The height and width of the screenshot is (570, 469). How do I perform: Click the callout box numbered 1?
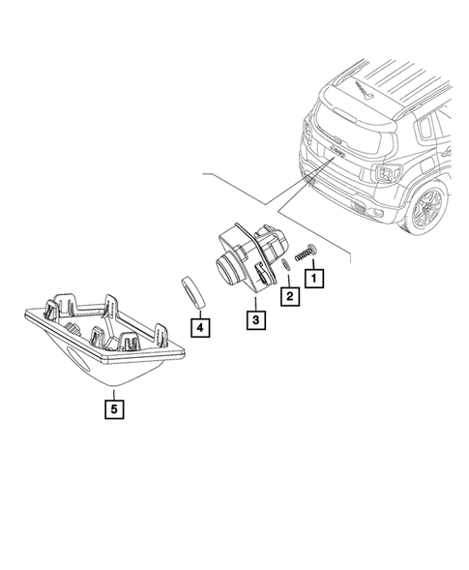coord(313,278)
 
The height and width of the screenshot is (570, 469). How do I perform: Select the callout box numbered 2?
coord(287,296)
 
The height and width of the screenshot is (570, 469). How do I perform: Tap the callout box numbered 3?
coord(253,318)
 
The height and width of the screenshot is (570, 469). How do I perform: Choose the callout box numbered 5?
coord(114,407)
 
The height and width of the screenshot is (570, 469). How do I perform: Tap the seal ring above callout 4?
coord(191,289)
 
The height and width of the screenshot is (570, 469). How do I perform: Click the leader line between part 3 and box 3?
coord(253,299)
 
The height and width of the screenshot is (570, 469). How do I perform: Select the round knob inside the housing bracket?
coord(73,331)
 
